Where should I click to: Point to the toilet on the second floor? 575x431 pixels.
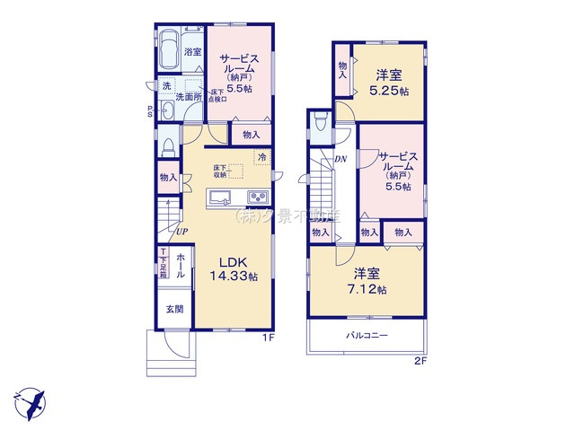pyautogui.click(x=320, y=126)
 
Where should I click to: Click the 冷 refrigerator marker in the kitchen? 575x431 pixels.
pyautogui.click(x=261, y=158)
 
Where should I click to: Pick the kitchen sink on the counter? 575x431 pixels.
pyautogui.click(x=221, y=198)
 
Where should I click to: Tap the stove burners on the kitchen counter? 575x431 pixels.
pyautogui.click(x=256, y=198)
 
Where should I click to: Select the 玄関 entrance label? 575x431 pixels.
pyautogui.click(x=173, y=310)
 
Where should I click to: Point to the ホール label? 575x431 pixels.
pyautogui.click(x=181, y=265)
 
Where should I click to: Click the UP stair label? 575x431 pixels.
pyautogui.click(x=181, y=232)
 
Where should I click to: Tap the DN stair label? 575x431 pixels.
pyautogui.click(x=341, y=160)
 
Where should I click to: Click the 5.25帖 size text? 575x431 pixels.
pyautogui.click(x=394, y=92)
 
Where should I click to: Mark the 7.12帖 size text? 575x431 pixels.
pyautogui.click(x=369, y=289)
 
